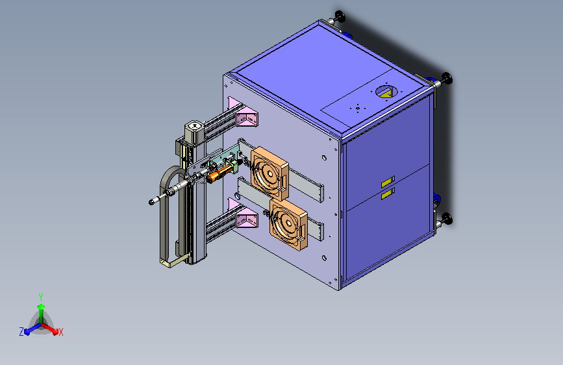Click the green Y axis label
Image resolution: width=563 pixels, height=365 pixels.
(41, 297)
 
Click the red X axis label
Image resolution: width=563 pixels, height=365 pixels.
(60, 333)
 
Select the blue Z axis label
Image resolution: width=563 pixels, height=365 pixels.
(21, 332)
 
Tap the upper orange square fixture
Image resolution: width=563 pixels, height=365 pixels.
(269, 173)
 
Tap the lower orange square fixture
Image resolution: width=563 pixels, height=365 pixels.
(288, 225)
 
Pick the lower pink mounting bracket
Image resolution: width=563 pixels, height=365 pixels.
(244, 214)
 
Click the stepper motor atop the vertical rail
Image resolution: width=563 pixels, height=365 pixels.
(194, 132)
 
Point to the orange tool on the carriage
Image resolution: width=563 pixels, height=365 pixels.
(219, 173)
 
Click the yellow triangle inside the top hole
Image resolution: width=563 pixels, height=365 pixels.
(386, 94)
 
